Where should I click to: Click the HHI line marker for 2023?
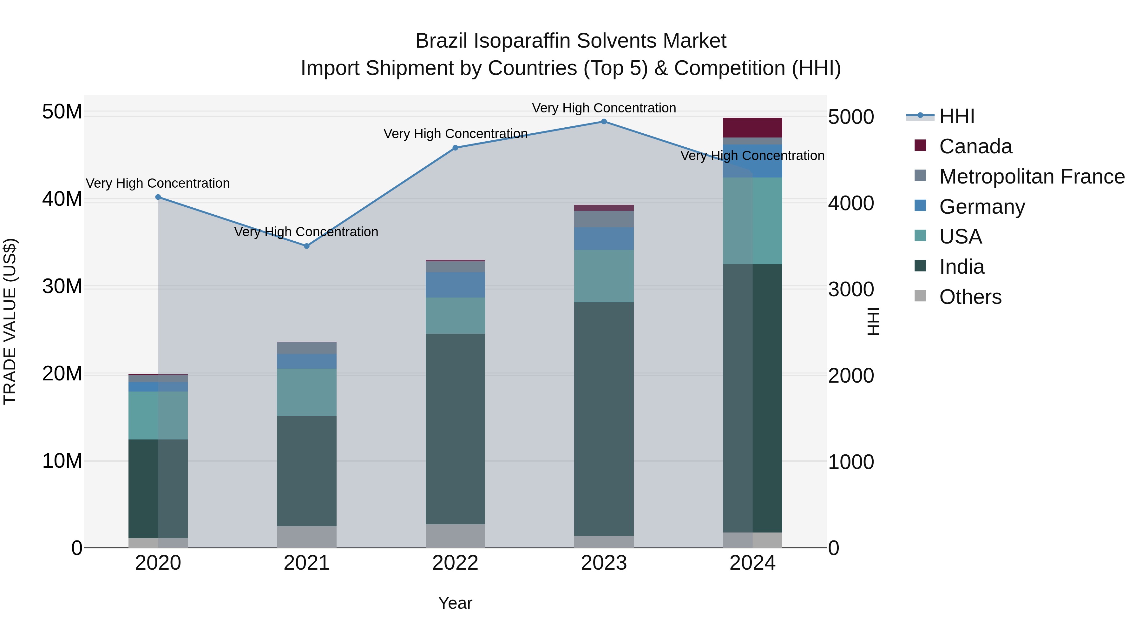pyautogui.click(x=604, y=122)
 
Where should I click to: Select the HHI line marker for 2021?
pyautogui.click(x=307, y=246)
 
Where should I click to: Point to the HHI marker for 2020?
pyautogui.click(x=158, y=197)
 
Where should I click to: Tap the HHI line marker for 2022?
pyautogui.click(x=455, y=148)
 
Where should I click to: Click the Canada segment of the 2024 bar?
pyautogui.click(x=752, y=128)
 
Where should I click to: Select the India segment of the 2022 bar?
pyautogui.click(x=455, y=429)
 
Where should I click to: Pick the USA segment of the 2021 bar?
pyautogui.click(x=307, y=392)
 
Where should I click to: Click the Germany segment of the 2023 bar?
pyautogui.click(x=604, y=239)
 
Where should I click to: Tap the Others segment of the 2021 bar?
pyautogui.click(x=307, y=537)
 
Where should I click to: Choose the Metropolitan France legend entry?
pyautogui.click(x=1032, y=177)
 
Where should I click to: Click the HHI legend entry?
pyautogui.click(x=957, y=116)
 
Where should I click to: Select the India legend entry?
pyautogui.click(x=962, y=267)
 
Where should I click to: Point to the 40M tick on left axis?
pyautogui.click(x=62, y=199)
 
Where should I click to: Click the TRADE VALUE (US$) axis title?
pyautogui.click(x=10, y=321)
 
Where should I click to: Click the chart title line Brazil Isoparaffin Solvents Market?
pyautogui.click(x=571, y=41)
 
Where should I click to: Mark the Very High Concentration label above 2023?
pyautogui.click(x=604, y=108)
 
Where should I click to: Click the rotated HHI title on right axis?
pyautogui.click(x=873, y=321)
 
